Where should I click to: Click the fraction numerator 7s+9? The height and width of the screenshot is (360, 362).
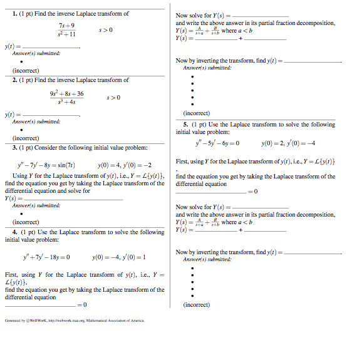click(x=66, y=25)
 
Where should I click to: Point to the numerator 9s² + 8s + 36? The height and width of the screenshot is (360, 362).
click(x=66, y=93)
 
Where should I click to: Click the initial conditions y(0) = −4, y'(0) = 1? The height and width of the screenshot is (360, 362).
click(x=119, y=257)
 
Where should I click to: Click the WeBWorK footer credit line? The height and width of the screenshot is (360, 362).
click(x=74, y=320)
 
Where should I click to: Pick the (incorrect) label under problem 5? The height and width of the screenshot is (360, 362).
click(x=197, y=305)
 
